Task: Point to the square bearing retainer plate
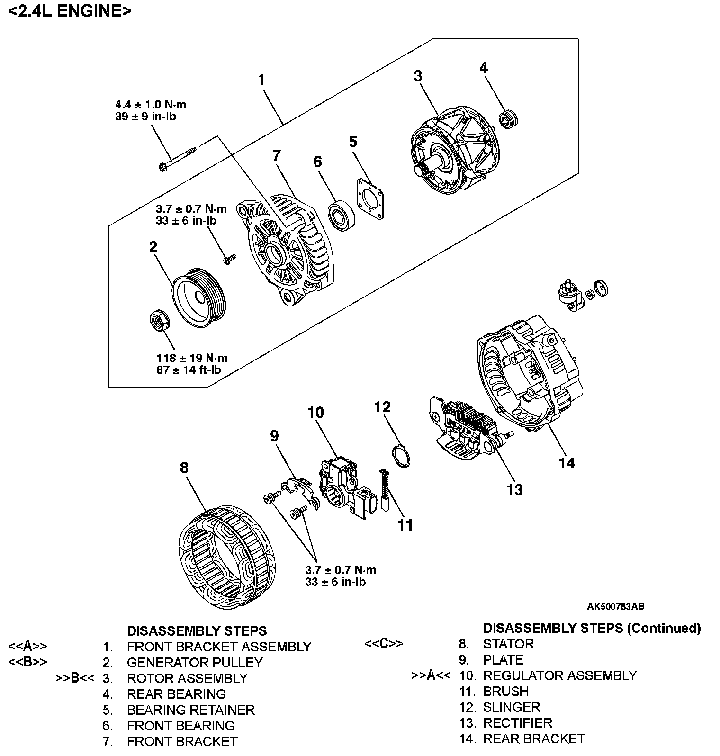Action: pyautogui.click(x=369, y=199)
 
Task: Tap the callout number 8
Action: pyautogui.click(x=184, y=468)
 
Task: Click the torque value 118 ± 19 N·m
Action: pyautogui.click(x=192, y=359)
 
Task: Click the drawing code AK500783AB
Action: pyautogui.click(x=615, y=606)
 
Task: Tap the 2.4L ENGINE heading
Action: pyautogui.click(x=70, y=10)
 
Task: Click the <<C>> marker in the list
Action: pyautogui.click(x=384, y=644)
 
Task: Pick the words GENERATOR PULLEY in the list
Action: pyautogui.click(x=195, y=662)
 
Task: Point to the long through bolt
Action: pyautogui.click(x=178, y=158)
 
